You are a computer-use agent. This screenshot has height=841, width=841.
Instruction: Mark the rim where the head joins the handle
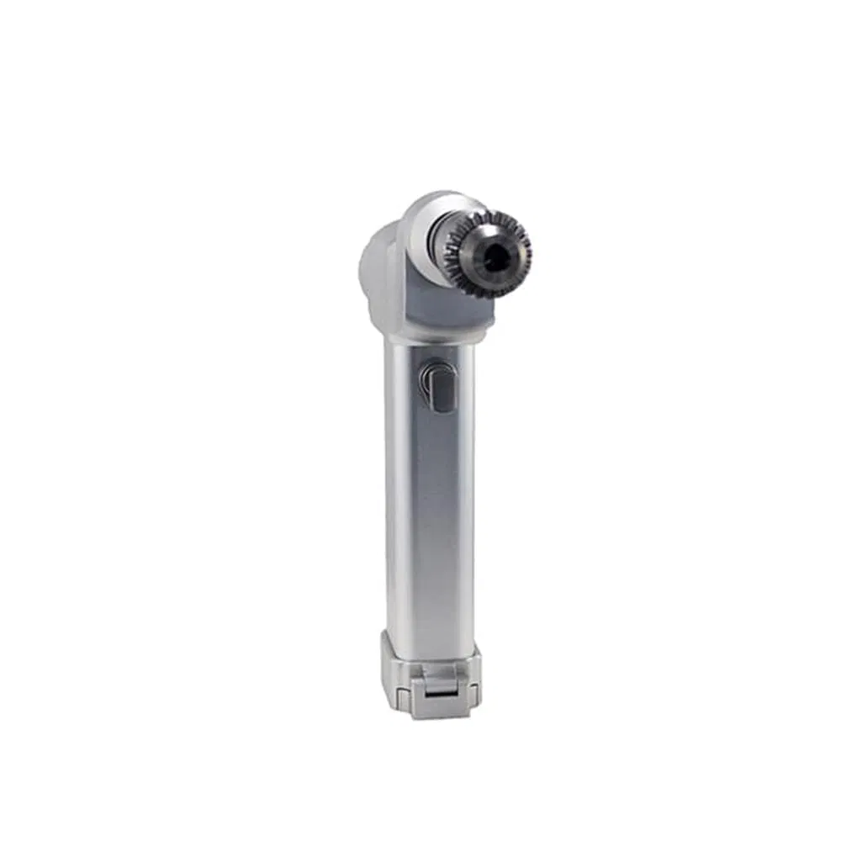pos(429,333)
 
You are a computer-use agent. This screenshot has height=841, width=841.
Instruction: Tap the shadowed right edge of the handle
pos(468,505)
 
